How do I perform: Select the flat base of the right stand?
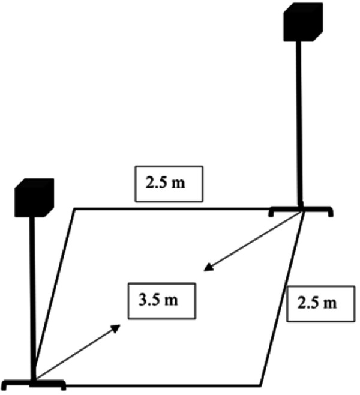(x=301, y=211)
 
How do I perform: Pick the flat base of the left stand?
(x=34, y=382)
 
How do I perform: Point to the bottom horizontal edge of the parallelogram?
(x=162, y=384)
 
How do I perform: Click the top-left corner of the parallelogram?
(x=74, y=209)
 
